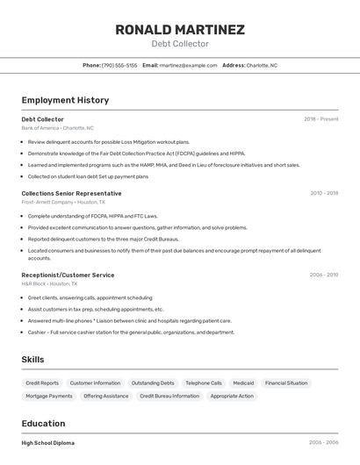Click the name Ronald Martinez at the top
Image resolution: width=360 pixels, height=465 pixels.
(180, 30)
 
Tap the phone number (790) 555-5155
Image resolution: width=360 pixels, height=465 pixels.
(119, 65)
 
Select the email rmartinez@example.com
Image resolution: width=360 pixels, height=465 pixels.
(188, 65)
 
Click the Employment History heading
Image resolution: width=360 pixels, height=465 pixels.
(65, 100)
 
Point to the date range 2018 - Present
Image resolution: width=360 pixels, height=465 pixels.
(320, 118)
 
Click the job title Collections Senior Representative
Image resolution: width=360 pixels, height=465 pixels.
(71, 193)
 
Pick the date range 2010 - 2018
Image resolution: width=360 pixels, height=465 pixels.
(323, 193)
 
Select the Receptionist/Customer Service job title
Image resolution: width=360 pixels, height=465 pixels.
(68, 275)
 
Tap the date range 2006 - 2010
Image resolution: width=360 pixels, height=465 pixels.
(323, 275)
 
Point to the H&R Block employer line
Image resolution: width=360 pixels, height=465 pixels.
(49, 284)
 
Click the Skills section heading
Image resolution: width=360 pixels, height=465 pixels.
(32, 360)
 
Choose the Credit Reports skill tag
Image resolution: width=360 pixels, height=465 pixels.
(42, 383)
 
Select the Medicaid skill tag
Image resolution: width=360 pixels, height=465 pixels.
(243, 383)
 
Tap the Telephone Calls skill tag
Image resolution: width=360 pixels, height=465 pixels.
(204, 383)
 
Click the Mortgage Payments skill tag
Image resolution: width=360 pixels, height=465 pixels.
(49, 396)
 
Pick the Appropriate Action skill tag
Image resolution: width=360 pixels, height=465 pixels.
(232, 396)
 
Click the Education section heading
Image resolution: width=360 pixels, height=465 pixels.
(43, 423)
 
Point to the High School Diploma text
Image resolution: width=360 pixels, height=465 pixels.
(47, 443)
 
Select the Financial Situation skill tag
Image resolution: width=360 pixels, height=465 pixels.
(286, 383)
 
